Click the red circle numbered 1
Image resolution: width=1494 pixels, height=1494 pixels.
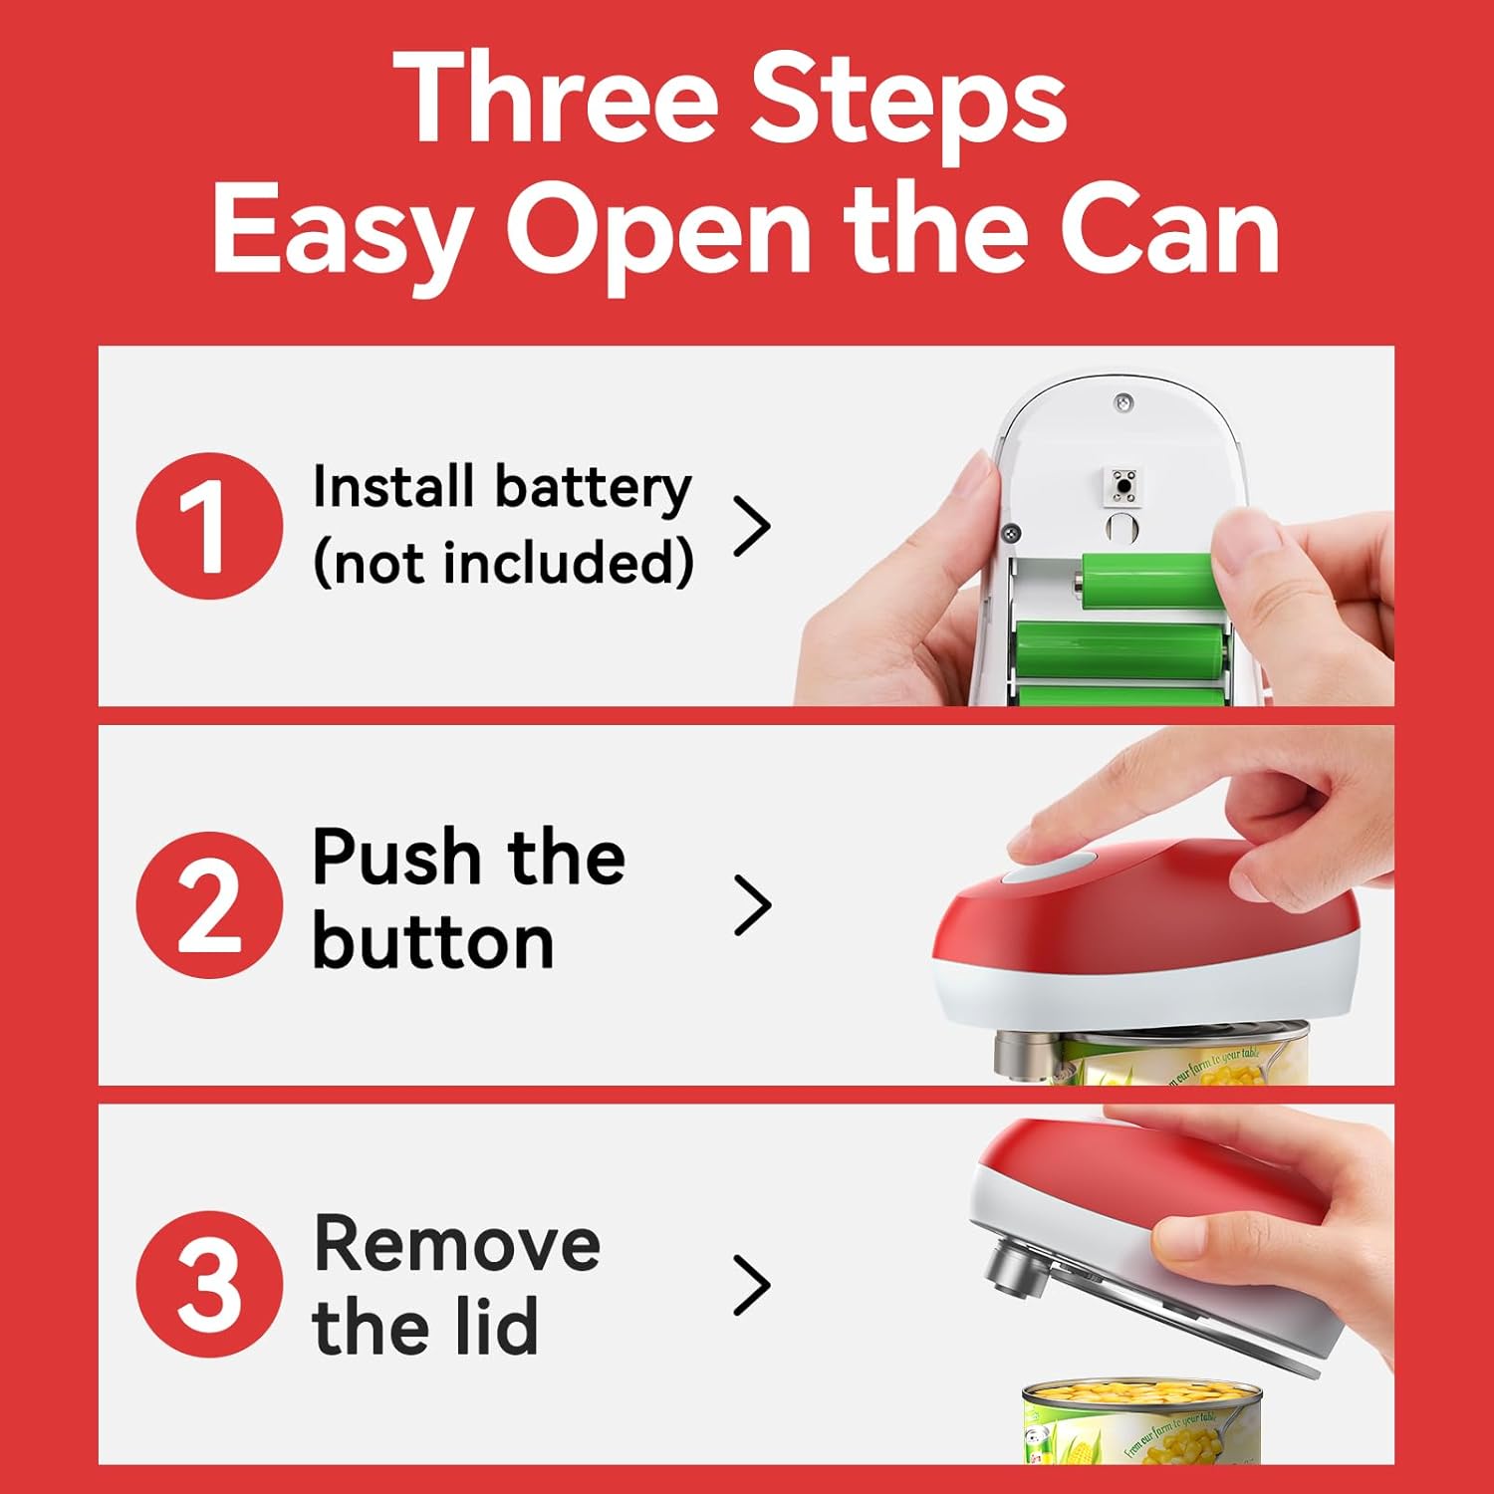point(209,525)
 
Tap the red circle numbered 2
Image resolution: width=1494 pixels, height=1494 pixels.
point(209,904)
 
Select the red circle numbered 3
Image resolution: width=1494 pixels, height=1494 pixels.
point(209,1284)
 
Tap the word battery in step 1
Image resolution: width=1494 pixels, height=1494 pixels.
point(593,489)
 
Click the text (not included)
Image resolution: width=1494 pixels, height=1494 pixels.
point(503,564)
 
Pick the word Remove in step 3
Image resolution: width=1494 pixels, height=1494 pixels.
point(457,1244)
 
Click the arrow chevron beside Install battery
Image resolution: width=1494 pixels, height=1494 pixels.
point(752,526)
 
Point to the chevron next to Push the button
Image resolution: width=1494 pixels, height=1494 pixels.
point(752,905)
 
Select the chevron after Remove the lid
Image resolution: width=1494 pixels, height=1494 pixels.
point(752,1285)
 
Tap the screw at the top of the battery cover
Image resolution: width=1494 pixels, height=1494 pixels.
point(1123,402)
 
